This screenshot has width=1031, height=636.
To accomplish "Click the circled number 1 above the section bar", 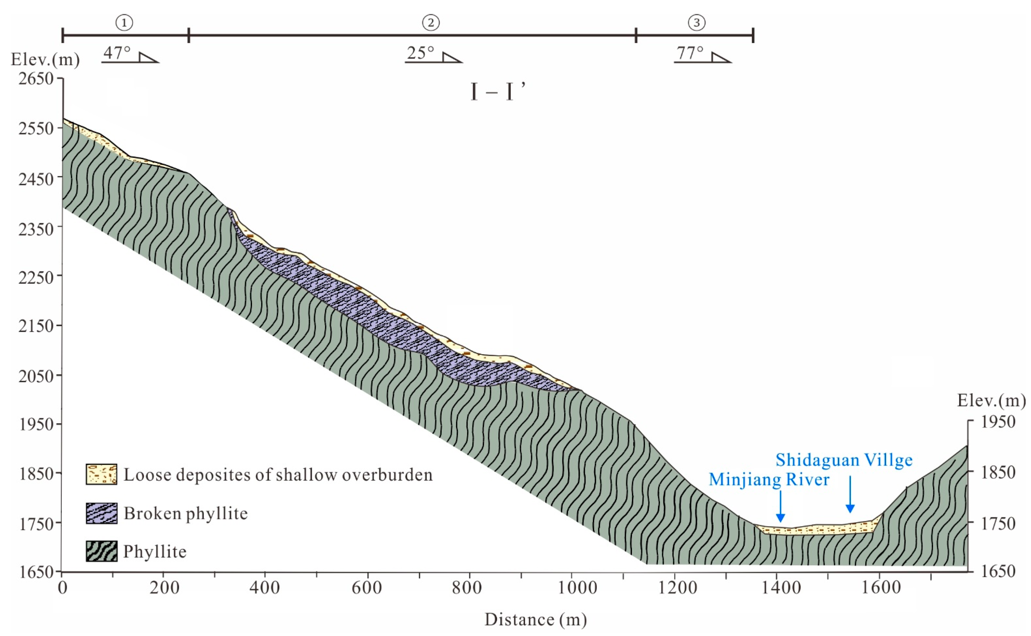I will click(124, 23).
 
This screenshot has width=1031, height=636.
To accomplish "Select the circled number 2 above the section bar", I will click(431, 23).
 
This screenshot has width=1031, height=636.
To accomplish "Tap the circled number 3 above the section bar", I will click(697, 23).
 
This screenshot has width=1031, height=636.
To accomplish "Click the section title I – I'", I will click(498, 92).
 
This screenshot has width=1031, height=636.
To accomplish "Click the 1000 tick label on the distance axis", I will click(577, 588).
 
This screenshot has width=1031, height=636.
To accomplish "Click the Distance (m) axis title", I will click(536, 619).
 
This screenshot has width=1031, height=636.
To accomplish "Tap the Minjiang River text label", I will click(769, 480).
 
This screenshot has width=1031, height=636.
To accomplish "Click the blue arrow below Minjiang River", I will click(781, 507).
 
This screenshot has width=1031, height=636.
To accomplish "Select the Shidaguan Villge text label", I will click(844, 460).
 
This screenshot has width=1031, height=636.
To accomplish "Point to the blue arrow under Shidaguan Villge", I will click(850, 495).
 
